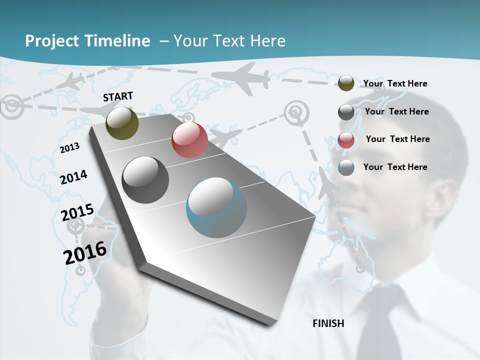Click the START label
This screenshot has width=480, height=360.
(118, 96)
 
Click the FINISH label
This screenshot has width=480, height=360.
(328, 323)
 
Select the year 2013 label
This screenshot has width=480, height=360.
(70, 148)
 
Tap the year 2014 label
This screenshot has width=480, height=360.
(74, 177)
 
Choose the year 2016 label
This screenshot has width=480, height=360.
(85, 253)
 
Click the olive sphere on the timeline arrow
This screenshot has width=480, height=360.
(122, 123)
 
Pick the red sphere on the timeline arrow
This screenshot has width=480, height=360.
(189, 140)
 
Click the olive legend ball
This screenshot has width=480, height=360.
(346, 83)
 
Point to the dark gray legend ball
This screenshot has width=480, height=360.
(346, 112)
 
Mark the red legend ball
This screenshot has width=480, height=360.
(346, 140)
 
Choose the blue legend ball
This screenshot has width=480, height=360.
(346, 167)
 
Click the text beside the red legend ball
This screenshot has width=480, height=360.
(397, 139)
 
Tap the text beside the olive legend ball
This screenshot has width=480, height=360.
(395, 83)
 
